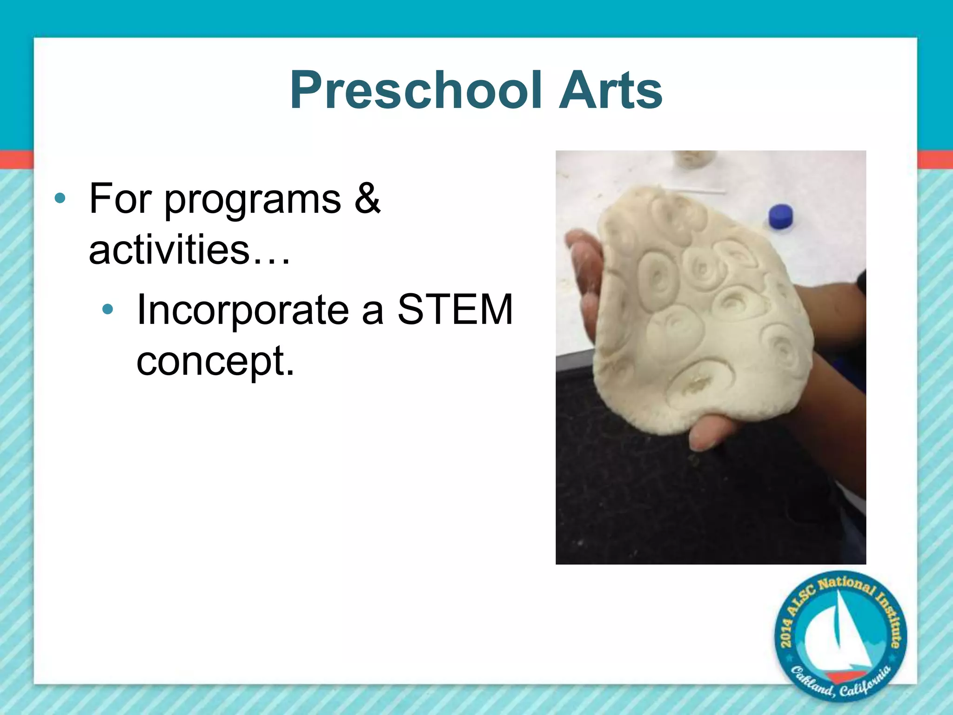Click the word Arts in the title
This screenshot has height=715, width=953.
click(x=611, y=90)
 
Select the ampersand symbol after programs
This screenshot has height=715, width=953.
click(x=367, y=198)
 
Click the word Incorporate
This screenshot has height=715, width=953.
click(x=242, y=310)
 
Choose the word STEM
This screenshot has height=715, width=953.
click(x=455, y=310)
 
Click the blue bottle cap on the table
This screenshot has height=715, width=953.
click(x=781, y=216)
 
